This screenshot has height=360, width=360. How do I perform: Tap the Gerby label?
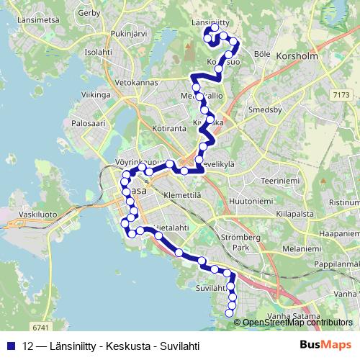click(89, 13)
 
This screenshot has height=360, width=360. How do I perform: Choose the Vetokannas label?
click(135, 84)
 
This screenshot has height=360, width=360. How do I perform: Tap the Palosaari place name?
click(84, 123)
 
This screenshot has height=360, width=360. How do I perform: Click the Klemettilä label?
click(181, 194)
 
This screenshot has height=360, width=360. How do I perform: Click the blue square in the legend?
click(9, 345)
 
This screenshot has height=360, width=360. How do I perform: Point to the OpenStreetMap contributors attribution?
click(297, 323)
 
